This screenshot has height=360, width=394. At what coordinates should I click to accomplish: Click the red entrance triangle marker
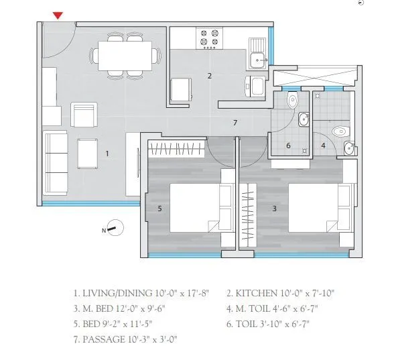pos(59,15)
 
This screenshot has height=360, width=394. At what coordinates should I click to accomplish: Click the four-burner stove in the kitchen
pos(208,38)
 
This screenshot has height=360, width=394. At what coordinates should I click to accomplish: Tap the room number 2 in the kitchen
pos(210,76)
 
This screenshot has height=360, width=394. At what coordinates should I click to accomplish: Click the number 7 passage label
pos(235,123)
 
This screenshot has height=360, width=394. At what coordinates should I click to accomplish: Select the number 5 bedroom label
pos(159,208)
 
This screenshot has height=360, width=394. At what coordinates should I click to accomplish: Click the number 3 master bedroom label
pos(275,208)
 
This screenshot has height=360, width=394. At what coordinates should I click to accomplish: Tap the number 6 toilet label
pos(288,145)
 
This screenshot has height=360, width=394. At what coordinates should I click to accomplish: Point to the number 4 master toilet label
pos(323,145)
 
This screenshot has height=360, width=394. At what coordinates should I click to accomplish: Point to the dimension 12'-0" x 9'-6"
pos(145,308)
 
